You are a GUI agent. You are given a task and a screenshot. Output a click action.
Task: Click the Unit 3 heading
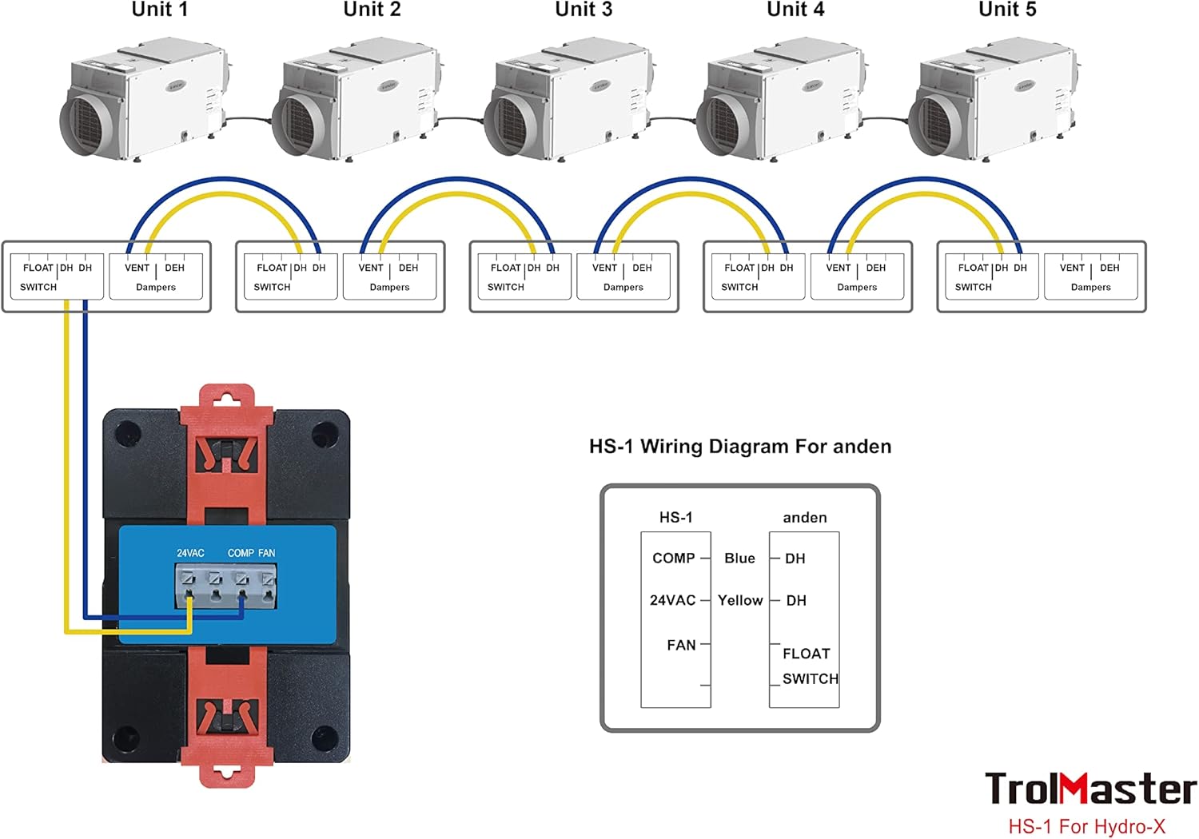(x=584, y=10)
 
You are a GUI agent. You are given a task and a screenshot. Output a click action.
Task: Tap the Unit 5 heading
(x=1007, y=10)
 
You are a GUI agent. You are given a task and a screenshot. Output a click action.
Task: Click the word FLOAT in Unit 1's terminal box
(x=38, y=268)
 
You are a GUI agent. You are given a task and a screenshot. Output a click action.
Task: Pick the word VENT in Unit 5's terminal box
(x=1072, y=268)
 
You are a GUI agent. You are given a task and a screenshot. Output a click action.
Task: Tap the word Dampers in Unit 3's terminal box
(x=623, y=287)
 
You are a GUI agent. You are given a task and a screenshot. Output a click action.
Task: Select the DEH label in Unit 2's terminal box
(x=408, y=268)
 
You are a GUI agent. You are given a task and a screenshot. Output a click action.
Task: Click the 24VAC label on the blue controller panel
(x=190, y=553)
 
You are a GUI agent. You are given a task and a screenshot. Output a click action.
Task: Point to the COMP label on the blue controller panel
(x=241, y=553)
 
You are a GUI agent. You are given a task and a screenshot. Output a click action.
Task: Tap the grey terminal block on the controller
(x=226, y=584)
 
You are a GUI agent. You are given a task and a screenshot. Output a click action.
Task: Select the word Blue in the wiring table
(x=739, y=559)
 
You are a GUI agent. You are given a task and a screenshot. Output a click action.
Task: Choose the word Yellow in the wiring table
(x=740, y=600)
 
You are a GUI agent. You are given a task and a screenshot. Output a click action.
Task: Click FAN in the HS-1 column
(x=681, y=645)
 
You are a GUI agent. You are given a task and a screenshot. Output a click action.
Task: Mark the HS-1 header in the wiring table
(x=675, y=518)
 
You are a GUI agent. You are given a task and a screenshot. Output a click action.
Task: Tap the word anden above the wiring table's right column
(x=805, y=518)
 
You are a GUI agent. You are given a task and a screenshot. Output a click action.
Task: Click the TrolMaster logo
(x=1090, y=789)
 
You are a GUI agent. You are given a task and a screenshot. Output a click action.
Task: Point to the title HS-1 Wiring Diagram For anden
(x=740, y=447)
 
